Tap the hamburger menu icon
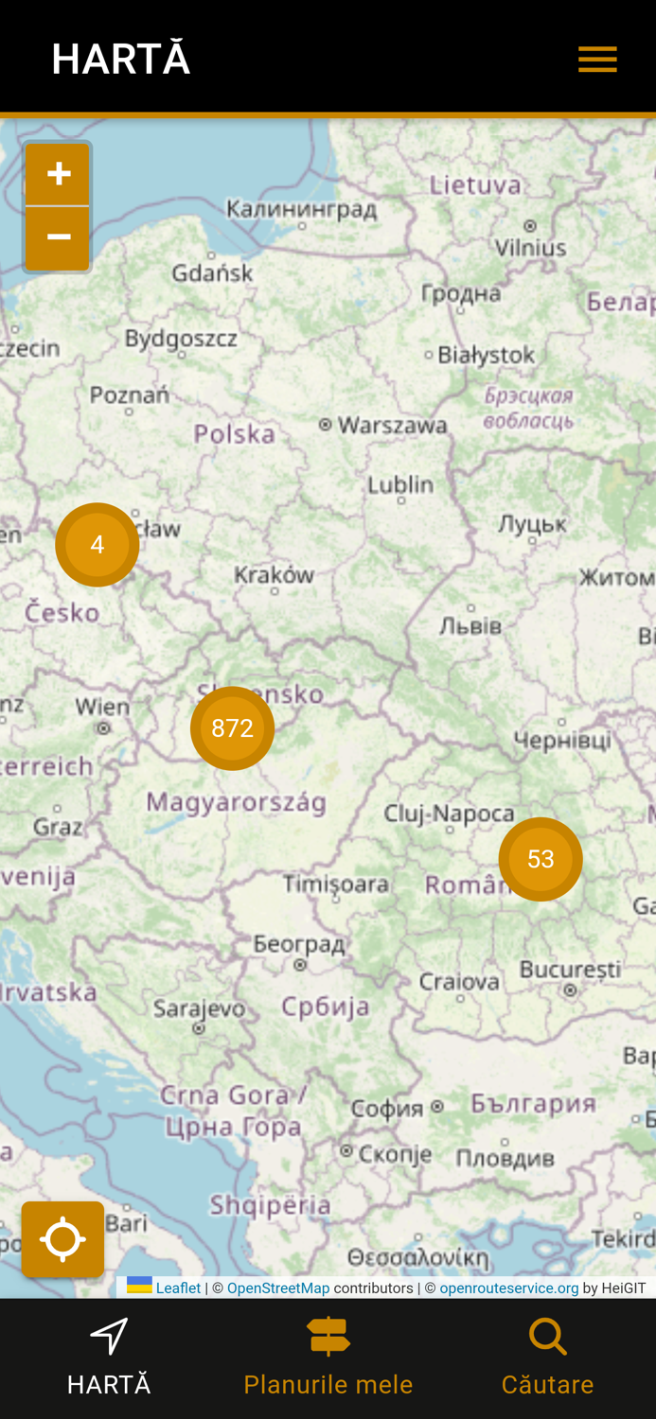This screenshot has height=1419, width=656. [597, 60]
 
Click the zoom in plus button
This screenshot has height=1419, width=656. [59, 174]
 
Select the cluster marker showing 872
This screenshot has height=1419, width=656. [232, 728]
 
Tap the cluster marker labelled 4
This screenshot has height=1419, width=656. [98, 545]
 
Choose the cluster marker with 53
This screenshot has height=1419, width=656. [541, 859]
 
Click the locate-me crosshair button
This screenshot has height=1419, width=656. [62, 1239]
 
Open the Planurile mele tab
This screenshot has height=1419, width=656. [328, 1358]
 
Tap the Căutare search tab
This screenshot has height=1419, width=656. [547, 1358]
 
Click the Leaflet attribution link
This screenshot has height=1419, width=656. [177, 1288]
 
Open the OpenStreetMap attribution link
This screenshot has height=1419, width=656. [278, 1288]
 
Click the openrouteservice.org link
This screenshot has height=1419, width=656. [508, 1288]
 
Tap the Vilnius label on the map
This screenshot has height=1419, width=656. [530, 248]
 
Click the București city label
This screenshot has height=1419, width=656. [570, 970]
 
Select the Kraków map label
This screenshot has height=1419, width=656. [275, 574]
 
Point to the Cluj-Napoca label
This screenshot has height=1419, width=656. [449, 814]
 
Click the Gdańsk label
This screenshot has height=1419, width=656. [212, 273]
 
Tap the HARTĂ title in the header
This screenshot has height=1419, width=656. [121, 60]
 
